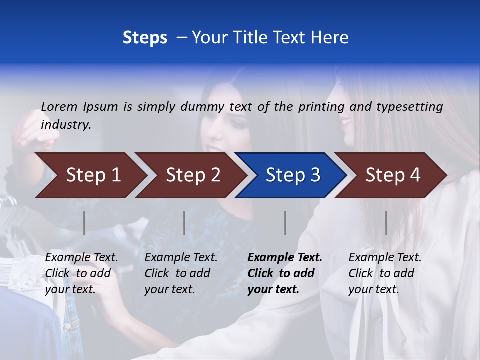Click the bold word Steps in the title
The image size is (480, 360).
[x=145, y=38]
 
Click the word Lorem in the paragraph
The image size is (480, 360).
[x=59, y=106]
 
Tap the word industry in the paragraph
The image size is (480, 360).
[x=66, y=125]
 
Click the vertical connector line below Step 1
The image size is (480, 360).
[x=84, y=223]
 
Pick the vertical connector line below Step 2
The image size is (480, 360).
[x=184, y=223]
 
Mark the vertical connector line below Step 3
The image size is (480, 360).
[x=285, y=223]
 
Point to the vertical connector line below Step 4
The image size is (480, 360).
[x=386, y=223]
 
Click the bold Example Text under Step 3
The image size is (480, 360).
[x=285, y=258]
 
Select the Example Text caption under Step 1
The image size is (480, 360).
[x=82, y=258]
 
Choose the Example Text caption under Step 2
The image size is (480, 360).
[x=181, y=258]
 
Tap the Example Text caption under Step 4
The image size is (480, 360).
[x=385, y=258]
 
